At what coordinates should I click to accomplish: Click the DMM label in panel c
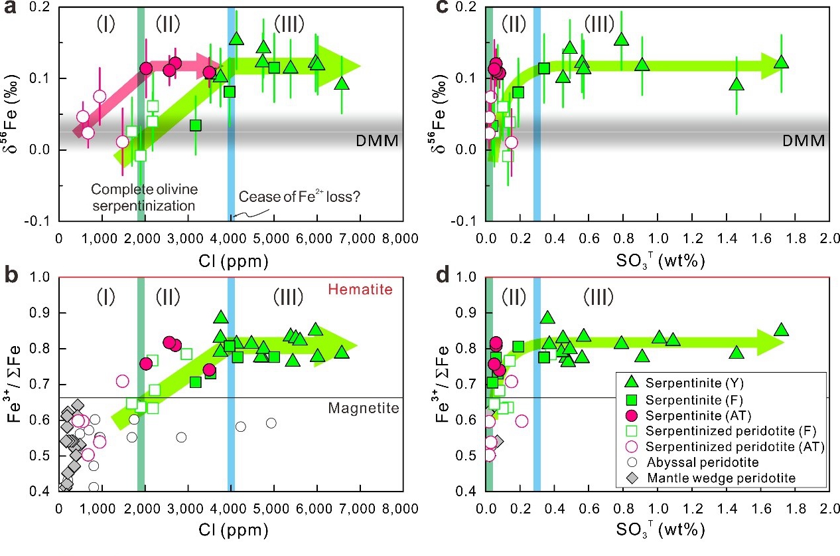click(804, 141)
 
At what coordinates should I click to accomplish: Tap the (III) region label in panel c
click(599, 25)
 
